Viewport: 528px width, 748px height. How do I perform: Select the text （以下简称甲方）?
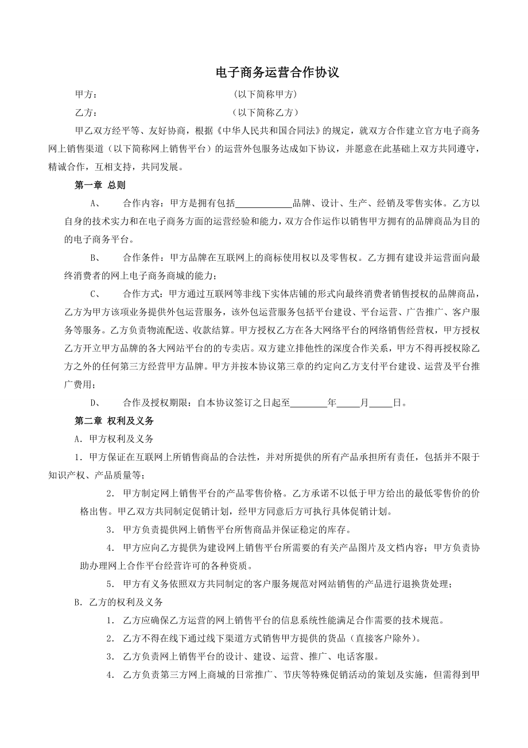click(x=266, y=94)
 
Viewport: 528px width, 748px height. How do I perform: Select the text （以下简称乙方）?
click(x=266, y=113)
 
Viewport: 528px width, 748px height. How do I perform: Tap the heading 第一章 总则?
click(x=100, y=185)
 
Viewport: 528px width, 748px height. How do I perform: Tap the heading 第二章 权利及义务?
click(x=114, y=421)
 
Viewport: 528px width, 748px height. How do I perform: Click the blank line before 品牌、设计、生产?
click(x=264, y=203)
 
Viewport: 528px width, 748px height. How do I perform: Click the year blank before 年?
click(x=309, y=403)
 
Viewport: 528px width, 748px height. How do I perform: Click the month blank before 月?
click(x=348, y=403)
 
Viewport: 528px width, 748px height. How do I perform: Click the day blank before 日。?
click(x=381, y=403)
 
